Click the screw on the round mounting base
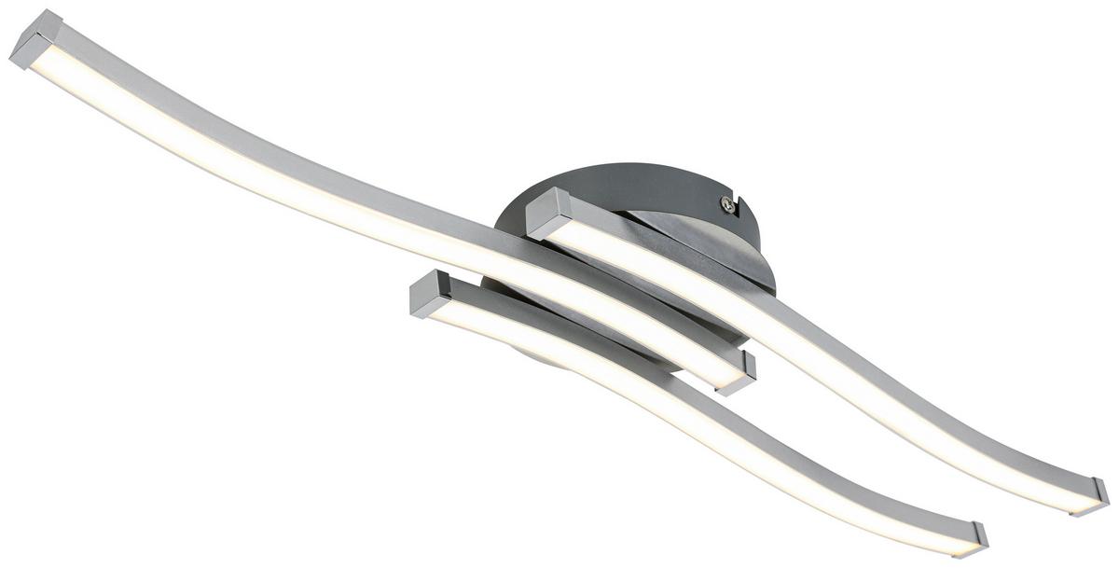pos(725,204)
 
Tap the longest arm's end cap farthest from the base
pos(35,42)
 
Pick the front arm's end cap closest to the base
pos(431,294)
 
